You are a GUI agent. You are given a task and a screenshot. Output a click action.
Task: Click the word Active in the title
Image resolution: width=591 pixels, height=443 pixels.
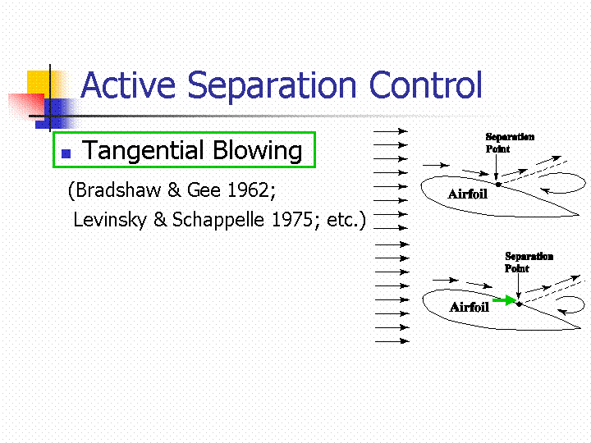pyautogui.click(x=129, y=84)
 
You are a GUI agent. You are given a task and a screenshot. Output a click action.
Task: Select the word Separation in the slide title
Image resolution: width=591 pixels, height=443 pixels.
pyautogui.click(x=272, y=87)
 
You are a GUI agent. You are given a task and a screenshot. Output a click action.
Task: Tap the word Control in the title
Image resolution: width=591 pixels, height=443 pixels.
pyautogui.click(x=425, y=84)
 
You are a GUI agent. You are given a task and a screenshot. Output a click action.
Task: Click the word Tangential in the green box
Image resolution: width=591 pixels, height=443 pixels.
pyautogui.click(x=143, y=151)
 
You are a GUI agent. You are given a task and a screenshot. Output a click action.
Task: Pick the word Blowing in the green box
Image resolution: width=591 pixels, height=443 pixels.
pyautogui.click(x=258, y=151)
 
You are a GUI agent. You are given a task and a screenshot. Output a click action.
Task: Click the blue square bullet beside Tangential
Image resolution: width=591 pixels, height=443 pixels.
pyautogui.click(x=66, y=153)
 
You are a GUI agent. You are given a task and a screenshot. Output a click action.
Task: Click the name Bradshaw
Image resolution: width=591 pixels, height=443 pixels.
pyautogui.click(x=118, y=190)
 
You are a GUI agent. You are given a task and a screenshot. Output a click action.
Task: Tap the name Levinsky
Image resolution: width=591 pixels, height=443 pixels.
pyautogui.click(x=110, y=220)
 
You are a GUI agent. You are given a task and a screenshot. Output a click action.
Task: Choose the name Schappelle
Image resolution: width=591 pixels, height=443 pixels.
pyautogui.click(x=218, y=220)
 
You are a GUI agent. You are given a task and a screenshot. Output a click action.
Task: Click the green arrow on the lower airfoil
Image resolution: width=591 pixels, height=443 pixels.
pyautogui.click(x=504, y=300)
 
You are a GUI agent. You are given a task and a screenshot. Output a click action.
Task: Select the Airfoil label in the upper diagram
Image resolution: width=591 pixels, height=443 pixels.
pyautogui.click(x=468, y=194)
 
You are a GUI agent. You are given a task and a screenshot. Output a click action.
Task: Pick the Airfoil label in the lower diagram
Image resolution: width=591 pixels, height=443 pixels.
pyautogui.click(x=470, y=307)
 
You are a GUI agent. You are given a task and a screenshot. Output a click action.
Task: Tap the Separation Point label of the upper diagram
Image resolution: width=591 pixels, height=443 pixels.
pyautogui.click(x=510, y=143)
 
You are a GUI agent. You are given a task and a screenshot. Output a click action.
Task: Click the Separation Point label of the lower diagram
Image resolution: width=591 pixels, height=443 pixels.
pyautogui.click(x=529, y=263)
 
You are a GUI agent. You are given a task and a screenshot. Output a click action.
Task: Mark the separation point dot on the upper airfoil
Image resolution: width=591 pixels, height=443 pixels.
pyautogui.click(x=498, y=185)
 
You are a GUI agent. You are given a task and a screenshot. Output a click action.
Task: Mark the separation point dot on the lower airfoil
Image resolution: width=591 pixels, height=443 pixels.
pyautogui.click(x=519, y=304)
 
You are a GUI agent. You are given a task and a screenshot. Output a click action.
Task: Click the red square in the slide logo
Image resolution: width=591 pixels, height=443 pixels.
pyautogui.click(x=26, y=106)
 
